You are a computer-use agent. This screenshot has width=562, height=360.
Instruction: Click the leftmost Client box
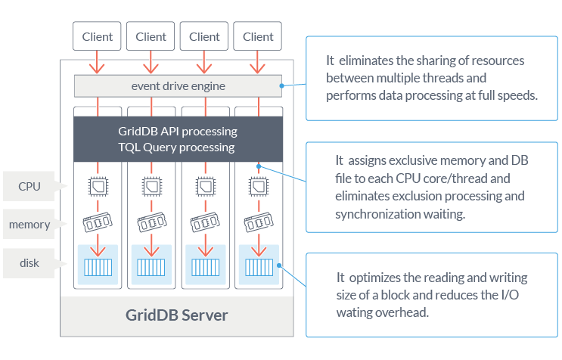[x=97, y=36]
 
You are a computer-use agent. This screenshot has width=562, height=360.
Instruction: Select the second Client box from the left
[x=151, y=36]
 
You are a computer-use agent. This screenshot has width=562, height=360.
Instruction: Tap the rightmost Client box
[x=258, y=36]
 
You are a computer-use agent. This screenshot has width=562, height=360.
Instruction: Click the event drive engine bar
[x=178, y=86]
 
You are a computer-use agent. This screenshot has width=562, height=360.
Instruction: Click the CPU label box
[x=29, y=186]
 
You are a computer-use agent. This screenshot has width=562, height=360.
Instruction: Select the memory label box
[x=29, y=225]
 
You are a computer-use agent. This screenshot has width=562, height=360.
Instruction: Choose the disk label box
[x=29, y=263]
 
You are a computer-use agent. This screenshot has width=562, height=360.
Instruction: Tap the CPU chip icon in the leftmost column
[x=97, y=185]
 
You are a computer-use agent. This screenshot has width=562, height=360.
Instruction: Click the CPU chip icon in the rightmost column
[x=258, y=185]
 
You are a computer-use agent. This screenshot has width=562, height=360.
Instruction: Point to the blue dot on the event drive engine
[x=281, y=86]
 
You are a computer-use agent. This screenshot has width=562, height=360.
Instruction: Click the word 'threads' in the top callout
[x=467, y=78]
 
